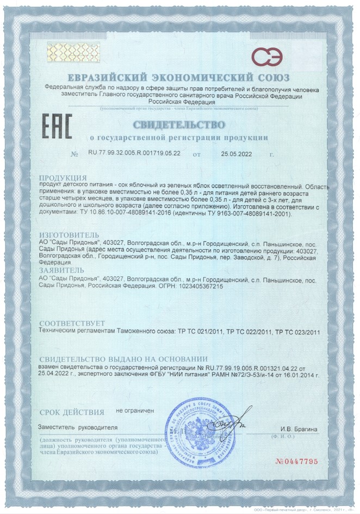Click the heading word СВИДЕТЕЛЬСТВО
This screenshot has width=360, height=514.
(x=179, y=125)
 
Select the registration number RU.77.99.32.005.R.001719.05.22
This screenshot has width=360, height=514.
(x=134, y=154)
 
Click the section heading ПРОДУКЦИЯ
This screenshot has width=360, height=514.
(x=63, y=178)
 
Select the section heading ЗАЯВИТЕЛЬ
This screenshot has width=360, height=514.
(x=62, y=270)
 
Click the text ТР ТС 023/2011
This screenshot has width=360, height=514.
(x=297, y=331)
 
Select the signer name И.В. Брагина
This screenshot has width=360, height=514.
(x=299, y=430)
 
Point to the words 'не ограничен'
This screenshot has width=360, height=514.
(x=135, y=411)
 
